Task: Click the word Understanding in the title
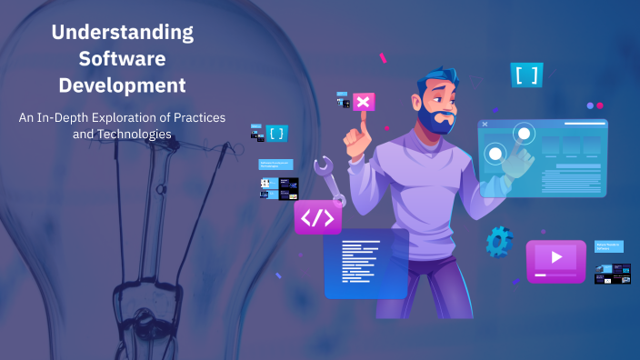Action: [x=122, y=33]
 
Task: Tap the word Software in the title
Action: [x=122, y=59]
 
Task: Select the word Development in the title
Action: [x=122, y=85]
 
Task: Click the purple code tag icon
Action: [x=317, y=218]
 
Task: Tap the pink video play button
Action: [x=555, y=259]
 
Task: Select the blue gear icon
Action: [x=498, y=241]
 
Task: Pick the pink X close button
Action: [x=364, y=102]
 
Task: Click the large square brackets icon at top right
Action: [x=526, y=75]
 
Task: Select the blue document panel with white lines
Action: [x=365, y=262]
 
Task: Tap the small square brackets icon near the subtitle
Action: [x=276, y=134]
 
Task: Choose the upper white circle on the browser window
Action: [x=523, y=135]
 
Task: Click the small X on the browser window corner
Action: [x=485, y=124]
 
